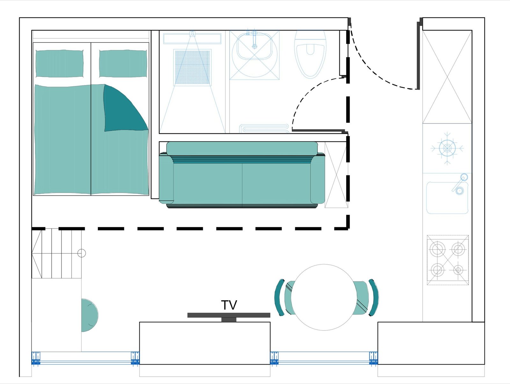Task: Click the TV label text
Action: point(229,305)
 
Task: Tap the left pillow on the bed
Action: point(60,63)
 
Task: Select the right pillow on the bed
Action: point(123,63)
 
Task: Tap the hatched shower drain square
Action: point(193,67)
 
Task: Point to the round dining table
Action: point(324,297)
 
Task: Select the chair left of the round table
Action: point(284,297)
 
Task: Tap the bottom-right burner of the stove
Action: point(458,270)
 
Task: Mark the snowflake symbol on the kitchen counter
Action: point(447,148)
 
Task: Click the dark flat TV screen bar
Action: point(229,315)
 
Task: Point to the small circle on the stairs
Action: point(82,253)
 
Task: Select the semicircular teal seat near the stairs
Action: point(90,315)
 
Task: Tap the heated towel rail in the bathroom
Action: point(264,128)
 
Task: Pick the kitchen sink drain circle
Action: point(459,191)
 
